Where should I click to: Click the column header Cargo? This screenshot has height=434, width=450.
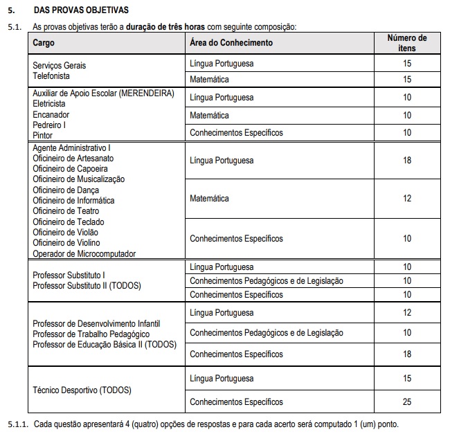(44, 43)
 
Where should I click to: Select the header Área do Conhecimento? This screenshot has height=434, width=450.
(231, 43)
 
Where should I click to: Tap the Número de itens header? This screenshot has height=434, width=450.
(406, 43)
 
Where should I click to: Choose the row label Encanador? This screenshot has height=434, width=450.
(51, 114)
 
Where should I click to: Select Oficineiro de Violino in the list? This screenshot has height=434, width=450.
(66, 243)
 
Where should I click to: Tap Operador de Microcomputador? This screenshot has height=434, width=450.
(84, 254)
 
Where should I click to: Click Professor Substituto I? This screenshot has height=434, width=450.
(69, 275)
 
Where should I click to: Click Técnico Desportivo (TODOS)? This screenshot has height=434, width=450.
(82, 390)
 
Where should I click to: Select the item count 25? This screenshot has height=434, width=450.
(407, 402)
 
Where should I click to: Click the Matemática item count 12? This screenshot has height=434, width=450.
(407, 199)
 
